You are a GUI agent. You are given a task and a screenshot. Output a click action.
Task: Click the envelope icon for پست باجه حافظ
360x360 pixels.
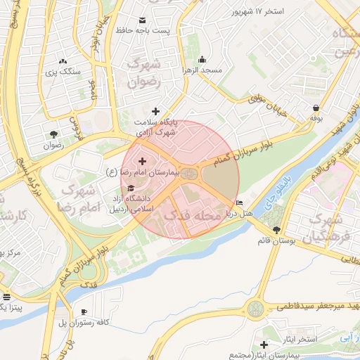click(x=144, y=20)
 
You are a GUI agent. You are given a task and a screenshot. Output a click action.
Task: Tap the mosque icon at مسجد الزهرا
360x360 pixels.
click(x=202, y=59)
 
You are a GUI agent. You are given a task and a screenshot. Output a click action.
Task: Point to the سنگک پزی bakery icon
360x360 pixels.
click(x=63, y=62)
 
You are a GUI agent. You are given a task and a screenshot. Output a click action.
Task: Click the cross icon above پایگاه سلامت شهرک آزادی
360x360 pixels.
click(x=156, y=111)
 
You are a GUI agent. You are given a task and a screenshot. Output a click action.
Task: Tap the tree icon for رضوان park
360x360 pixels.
click(x=53, y=135)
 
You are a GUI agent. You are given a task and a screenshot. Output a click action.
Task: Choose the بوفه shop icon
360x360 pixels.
click(x=316, y=108)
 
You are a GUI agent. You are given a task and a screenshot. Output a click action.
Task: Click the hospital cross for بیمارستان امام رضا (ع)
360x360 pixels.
click(x=142, y=162)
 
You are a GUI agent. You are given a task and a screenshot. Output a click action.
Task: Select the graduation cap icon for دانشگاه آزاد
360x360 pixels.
click(x=131, y=188)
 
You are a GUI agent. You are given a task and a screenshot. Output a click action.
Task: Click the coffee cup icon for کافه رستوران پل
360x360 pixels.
click(x=84, y=311)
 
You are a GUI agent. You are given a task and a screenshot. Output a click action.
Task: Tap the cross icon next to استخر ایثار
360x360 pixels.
click(x=264, y=344)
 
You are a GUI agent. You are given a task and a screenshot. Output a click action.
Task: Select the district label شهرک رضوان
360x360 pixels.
click(x=146, y=72)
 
